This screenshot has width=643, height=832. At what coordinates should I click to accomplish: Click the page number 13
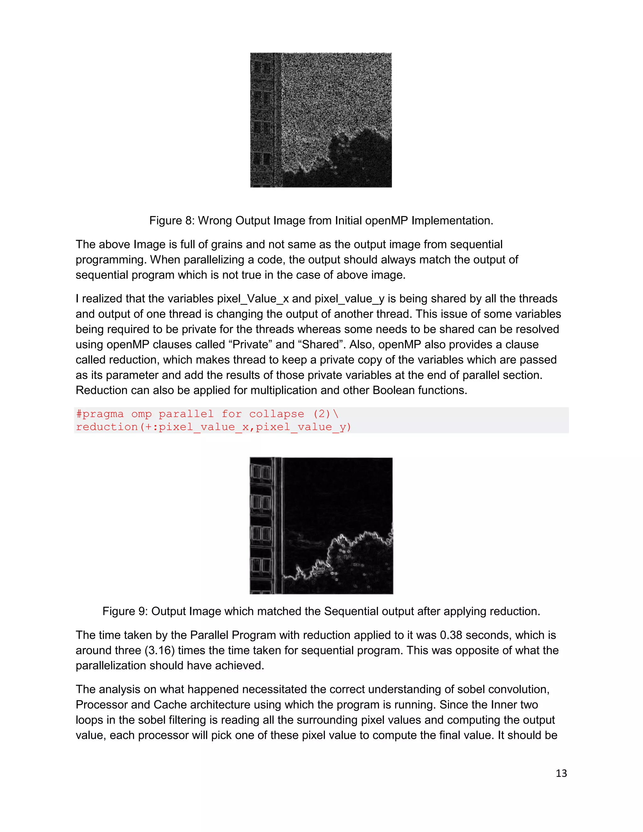click(561, 773)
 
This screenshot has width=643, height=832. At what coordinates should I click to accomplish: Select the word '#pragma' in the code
click(100, 414)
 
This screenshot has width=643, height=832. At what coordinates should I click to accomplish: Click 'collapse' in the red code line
click(277, 414)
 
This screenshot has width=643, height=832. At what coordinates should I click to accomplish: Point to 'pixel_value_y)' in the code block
click(303, 427)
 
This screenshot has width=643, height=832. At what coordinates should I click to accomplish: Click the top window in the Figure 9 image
click(261, 473)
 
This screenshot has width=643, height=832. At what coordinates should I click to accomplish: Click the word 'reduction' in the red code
click(107, 427)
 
